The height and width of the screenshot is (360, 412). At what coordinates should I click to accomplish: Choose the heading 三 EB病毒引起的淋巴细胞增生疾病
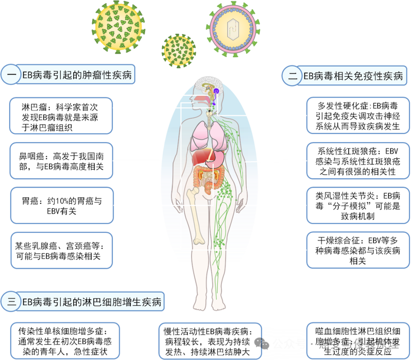82,301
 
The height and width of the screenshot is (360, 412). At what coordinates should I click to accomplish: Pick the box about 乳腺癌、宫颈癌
61,249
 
